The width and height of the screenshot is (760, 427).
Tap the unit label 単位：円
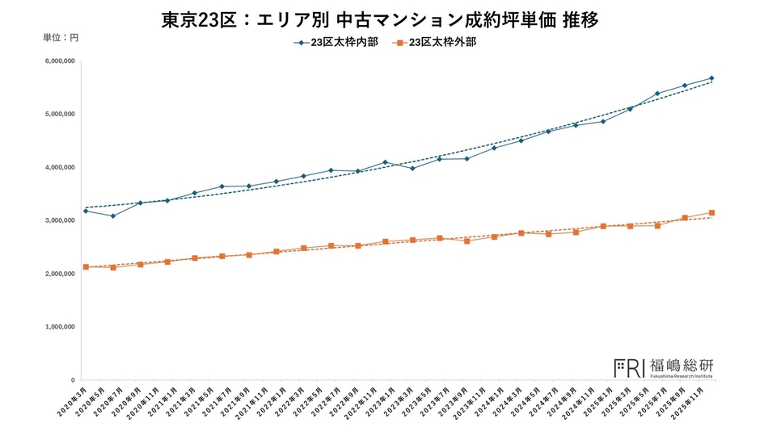61,38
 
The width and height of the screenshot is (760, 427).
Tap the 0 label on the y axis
72,380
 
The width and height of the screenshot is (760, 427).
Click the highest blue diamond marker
711,78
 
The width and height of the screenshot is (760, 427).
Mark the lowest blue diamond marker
113,216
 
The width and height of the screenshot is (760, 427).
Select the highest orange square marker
711,213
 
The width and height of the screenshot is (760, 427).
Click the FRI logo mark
629,367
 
